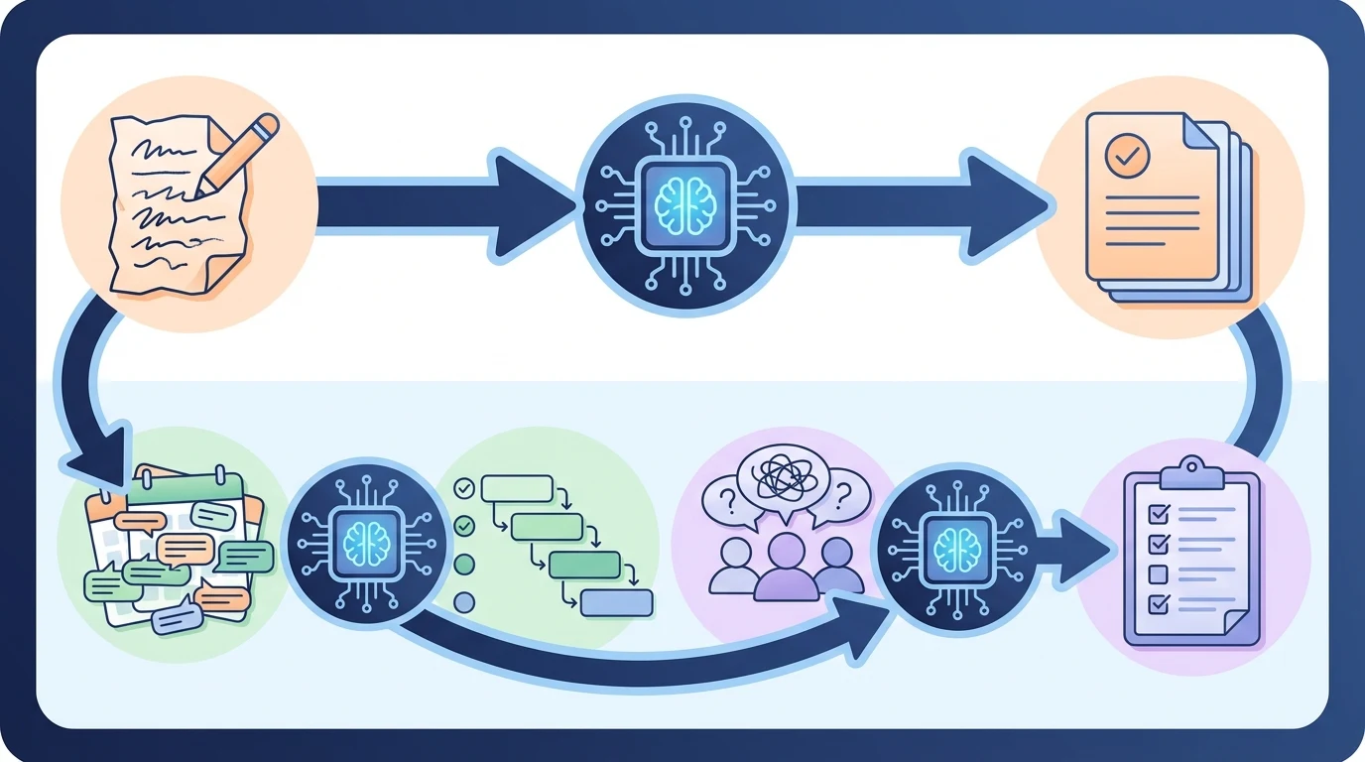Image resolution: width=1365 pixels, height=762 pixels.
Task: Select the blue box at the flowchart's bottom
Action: [x=616, y=602]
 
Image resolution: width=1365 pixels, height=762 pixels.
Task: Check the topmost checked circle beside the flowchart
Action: [x=463, y=488]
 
